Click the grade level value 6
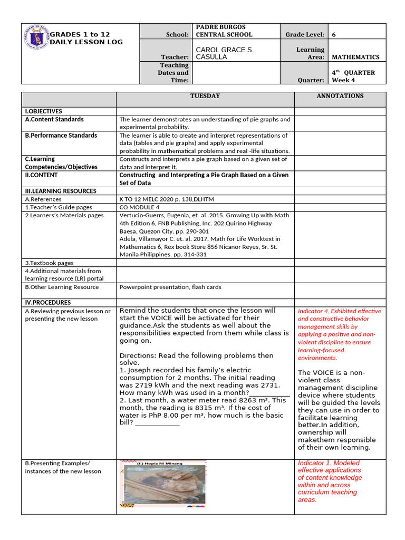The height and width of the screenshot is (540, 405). click(x=334, y=35)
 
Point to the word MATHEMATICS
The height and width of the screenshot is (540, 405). click(x=355, y=57)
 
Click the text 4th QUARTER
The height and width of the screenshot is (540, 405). click(x=353, y=73)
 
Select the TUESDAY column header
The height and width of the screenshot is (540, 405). click(x=205, y=96)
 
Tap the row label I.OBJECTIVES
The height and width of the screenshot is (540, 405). click(x=43, y=111)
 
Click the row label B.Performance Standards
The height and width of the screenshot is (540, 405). click(x=61, y=136)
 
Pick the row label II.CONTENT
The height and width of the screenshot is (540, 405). click(x=42, y=175)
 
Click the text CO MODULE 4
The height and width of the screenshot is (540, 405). click(x=140, y=207)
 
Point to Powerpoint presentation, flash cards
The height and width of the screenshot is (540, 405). click(x=170, y=287)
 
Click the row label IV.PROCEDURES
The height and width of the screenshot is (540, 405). click(x=48, y=303)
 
